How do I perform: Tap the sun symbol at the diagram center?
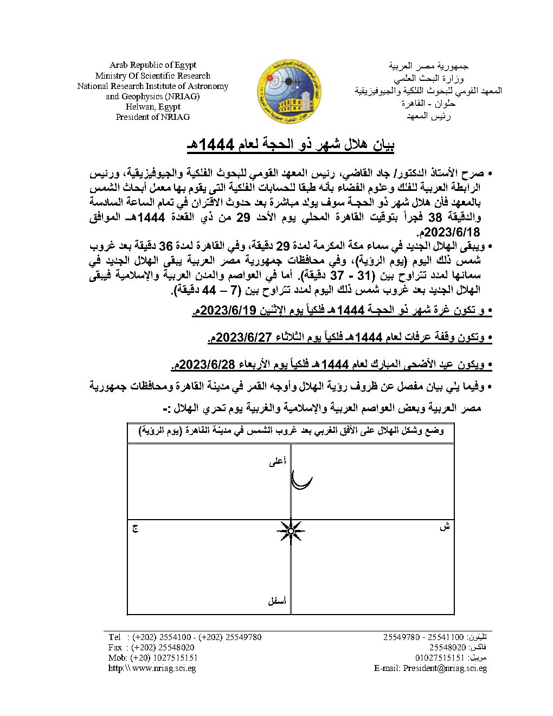click(291, 531)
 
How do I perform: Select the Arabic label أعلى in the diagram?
click(277, 462)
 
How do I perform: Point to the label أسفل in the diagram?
click(277, 601)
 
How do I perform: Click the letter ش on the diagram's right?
click(445, 527)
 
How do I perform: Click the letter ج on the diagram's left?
click(135, 527)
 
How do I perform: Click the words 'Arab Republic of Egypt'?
click(152, 65)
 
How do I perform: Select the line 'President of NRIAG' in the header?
click(152, 117)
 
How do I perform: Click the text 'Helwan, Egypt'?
click(152, 106)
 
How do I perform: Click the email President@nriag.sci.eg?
click(445, 668)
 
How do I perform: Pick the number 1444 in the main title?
click(219, 144)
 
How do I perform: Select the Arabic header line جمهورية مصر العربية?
click(428, 66)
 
